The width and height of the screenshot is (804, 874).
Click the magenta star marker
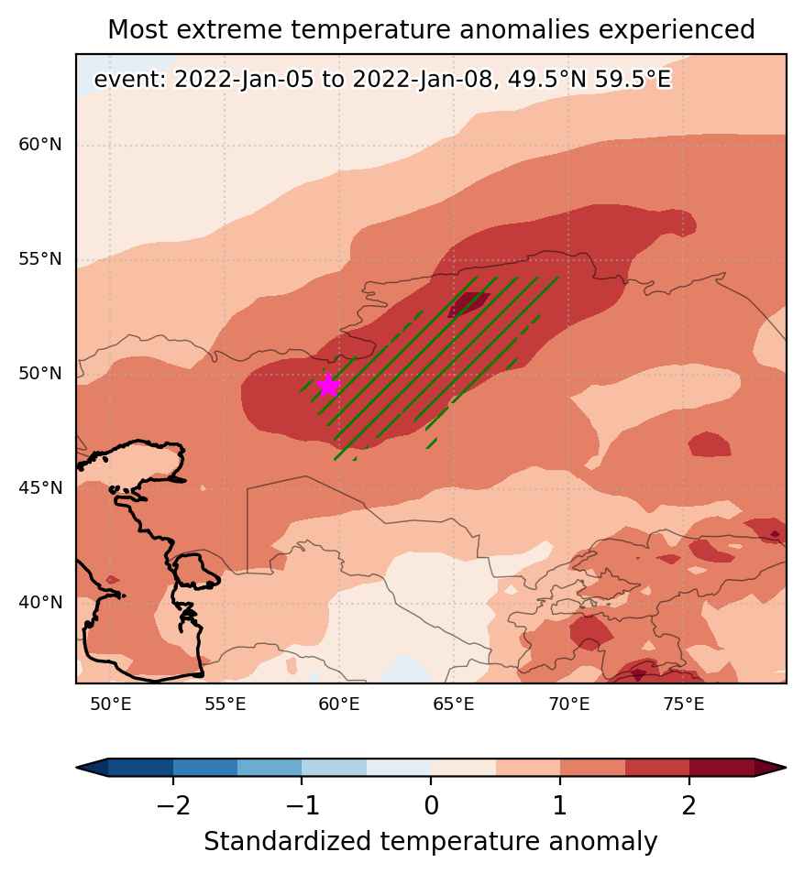(x=328, y=385)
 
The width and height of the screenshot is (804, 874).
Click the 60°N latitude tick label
(x=40, y=145)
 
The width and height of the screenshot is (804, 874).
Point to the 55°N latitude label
(x=40, y=259)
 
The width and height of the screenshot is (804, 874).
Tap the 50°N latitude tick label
(x=40, y=374)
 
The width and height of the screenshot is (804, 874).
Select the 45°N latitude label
(x=40, y=488)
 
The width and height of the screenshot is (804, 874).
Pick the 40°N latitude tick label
(x=40, y=603)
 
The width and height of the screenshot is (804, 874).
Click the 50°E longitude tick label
(x=111, y=705)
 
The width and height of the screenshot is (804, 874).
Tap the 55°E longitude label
(x=226, y=705)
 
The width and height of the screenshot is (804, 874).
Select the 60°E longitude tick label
(x=339, y=705)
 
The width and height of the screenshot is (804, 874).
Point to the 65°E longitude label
(x=454, y=705)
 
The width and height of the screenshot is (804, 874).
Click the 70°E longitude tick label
(x=569, y=705)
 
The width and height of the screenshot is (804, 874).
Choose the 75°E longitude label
(x=684, y=705)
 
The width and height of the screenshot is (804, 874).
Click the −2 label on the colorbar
(x=173, y=805)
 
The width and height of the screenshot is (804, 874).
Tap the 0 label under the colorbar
(x=431, y=805)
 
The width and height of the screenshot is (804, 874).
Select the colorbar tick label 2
(x=689, y=805)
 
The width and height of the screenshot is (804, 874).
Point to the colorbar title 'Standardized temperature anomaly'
(x=431, y=842)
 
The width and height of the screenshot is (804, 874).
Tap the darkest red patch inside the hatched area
(x=468, y=304)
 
